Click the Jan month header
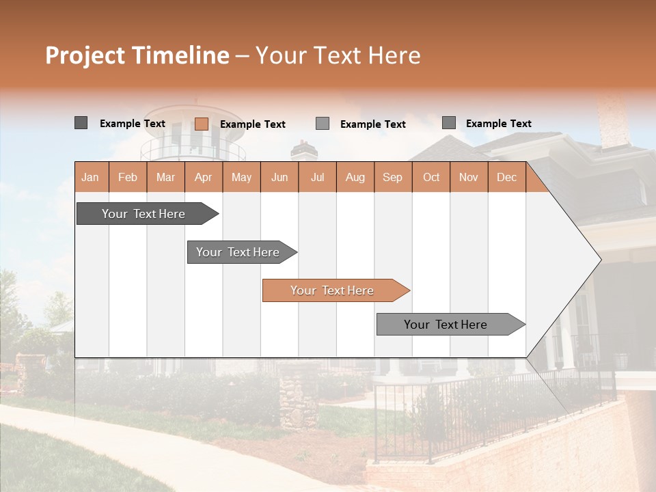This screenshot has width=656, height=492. [91, 177]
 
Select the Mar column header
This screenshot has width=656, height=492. [165, 177]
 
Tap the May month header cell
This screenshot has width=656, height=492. [241, 177]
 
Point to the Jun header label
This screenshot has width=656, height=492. [279, 177]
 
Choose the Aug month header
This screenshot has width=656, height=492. [355, 177]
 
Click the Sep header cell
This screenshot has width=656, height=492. [393, 177]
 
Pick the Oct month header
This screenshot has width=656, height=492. [431, 177]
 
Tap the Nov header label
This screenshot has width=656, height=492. [469, 177]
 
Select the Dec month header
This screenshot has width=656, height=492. [506, 177]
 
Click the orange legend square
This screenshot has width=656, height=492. [201, 124]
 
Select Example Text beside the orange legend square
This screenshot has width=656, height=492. [253, 124]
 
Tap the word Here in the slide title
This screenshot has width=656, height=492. [394, 55]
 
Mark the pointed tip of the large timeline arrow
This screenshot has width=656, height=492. [600, 260]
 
